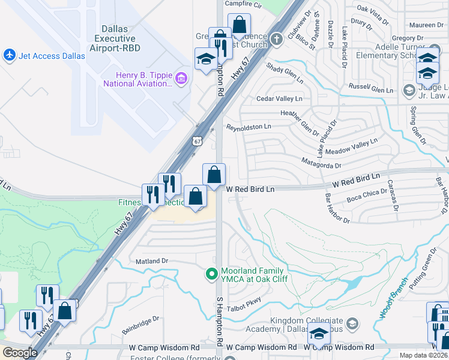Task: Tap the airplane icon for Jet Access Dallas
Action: point(9,55)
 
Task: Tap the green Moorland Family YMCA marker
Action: point(211,274)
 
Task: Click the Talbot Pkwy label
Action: point(244,301)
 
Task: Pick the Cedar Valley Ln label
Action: point(279,98)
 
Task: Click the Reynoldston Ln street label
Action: point(249,127)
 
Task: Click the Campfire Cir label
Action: point(244,4)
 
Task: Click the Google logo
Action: point(20,353)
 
